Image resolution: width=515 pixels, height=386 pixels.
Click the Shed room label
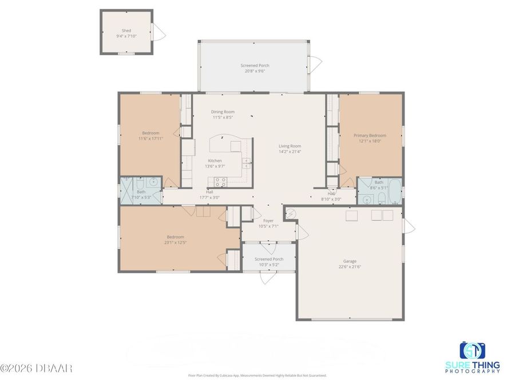point(126,30)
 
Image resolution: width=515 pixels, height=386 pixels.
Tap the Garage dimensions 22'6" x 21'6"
point(350,266)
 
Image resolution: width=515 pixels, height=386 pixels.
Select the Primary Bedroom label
point(370,136)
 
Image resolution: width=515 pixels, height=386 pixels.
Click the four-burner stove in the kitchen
point(220,182)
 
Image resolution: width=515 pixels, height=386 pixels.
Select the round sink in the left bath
point(152,182)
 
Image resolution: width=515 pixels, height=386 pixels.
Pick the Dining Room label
point(223,112)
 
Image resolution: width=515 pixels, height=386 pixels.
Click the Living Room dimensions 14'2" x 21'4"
point(290,152)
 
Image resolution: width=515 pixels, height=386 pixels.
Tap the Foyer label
point(268,220)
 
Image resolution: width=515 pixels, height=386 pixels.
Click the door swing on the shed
point(160,33)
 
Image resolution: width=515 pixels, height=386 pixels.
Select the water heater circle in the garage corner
point(291,213)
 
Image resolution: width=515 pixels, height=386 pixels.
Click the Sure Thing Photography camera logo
point(473,350)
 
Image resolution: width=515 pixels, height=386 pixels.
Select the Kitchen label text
point(215,161)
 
